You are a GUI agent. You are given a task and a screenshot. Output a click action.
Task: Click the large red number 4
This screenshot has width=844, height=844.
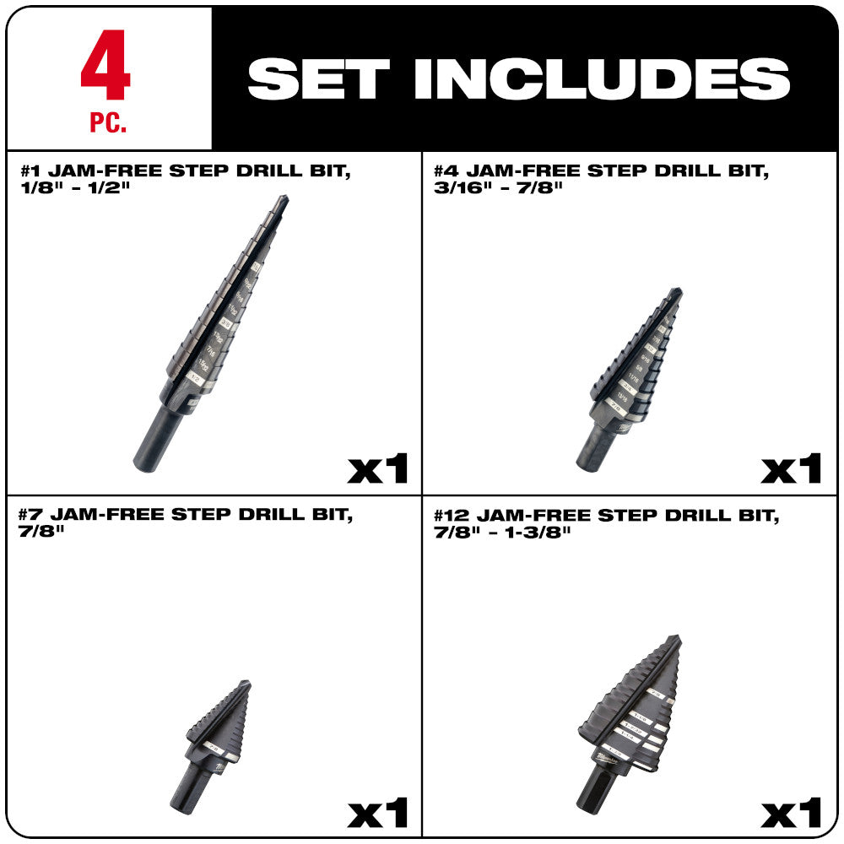point(106,67)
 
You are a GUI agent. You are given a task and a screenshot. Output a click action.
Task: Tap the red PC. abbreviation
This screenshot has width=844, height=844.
point(107,123)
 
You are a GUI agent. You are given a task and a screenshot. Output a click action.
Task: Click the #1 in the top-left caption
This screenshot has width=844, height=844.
point(33,170)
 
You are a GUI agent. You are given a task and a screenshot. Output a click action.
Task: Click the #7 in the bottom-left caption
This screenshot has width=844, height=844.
point(33,515)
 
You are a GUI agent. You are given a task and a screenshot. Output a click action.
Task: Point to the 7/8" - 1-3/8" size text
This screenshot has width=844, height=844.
point(502,532)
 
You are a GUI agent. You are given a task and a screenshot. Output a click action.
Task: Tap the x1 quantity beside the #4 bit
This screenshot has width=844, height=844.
point(791,468)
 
